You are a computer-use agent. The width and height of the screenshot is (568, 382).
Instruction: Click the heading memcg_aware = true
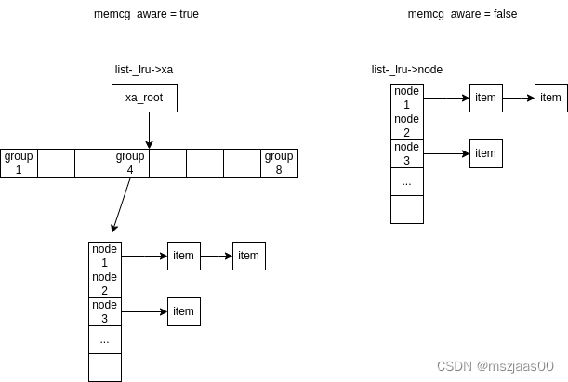coord(146,14)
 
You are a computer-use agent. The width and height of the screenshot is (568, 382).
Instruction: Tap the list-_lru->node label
coord(406,70)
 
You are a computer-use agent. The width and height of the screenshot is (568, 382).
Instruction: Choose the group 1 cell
coord(19,163)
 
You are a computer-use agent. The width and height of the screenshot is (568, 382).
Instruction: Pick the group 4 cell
coord(130,163)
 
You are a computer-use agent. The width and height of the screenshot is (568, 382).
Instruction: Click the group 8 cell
coord(279,163)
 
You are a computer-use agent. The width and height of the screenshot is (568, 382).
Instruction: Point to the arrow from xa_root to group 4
coord(149,130)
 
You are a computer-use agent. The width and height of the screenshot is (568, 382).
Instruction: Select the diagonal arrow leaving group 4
coord(122,204)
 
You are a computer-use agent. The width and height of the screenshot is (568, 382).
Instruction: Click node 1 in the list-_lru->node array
coord(406,98)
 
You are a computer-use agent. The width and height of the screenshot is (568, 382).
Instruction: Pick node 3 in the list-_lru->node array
coord(406,153)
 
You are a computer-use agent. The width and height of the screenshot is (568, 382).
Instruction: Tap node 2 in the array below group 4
coord(105,283)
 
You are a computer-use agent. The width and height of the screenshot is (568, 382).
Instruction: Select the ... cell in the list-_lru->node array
coord(406,181)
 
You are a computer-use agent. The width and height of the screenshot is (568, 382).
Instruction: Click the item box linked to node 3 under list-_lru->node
coord(485,153)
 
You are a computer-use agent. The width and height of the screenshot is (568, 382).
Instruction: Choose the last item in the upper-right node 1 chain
coord(550,98)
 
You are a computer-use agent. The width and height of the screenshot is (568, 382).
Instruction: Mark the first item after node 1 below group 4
coord(183,256)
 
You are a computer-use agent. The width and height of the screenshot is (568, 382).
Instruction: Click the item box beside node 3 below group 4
coord(183,311)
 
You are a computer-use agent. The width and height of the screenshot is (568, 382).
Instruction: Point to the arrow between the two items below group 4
coord(216,256)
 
